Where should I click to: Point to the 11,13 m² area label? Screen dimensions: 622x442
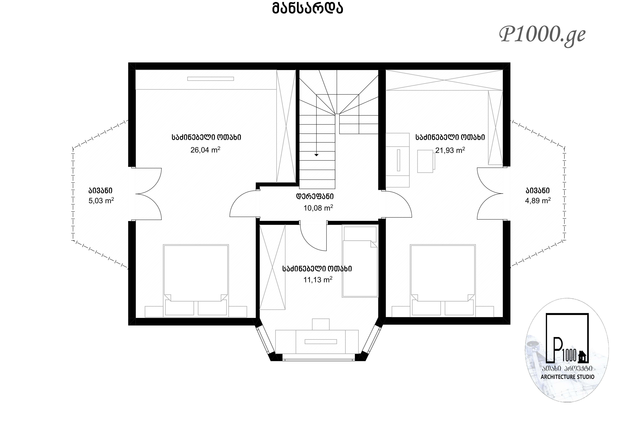[318, 280]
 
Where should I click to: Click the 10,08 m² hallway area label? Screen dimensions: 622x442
[318, 208]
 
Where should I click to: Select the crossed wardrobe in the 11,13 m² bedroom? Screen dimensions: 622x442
[272, 267]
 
